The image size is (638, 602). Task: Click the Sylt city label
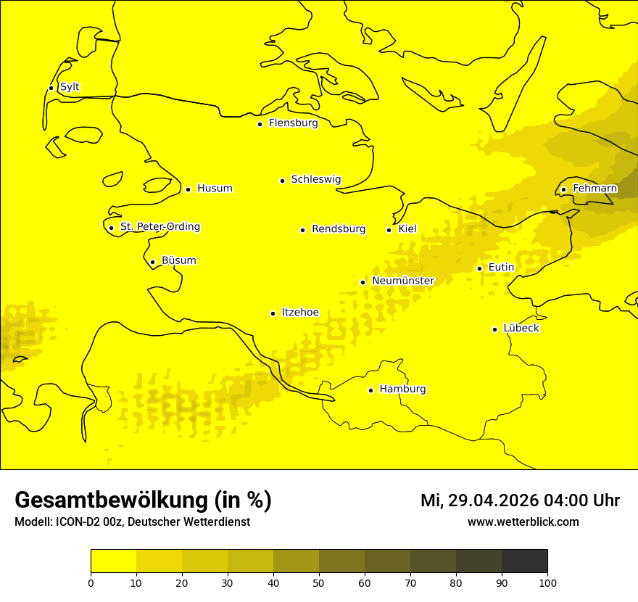point(70,87)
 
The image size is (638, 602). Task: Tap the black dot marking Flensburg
point(260,124)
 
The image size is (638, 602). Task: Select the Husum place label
point(215,189)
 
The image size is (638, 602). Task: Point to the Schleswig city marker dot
point(282,181)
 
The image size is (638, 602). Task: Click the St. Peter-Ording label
point(160,227)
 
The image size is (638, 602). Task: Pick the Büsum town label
point(178,261)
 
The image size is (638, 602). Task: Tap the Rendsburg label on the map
point(339,229)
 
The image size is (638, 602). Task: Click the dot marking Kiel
point(389,230)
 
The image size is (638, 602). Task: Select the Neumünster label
point(403,281)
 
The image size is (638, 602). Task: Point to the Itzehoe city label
point(300,313)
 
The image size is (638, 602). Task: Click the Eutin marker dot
point(479,268)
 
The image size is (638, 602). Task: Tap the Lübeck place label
point(521,329)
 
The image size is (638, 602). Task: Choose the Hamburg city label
point(403,389)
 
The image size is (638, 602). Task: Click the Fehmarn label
point(595,189)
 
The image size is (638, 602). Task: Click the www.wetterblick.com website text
point(523,521)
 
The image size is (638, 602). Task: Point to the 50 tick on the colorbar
point(319,582)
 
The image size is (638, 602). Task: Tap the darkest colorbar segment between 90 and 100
point(524,561)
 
